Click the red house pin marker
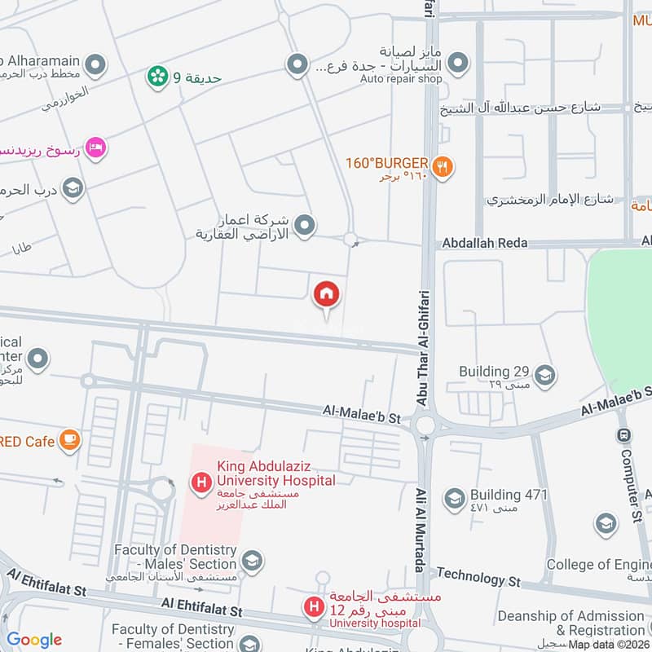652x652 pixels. pyautogui.click(x=327, y=294)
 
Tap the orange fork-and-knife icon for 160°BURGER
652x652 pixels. pyautogui.click(x=443, y=167)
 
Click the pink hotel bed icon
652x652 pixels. pyautogui.click(x=96, y=148)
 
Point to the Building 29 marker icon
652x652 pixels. pyautogui.click(x=545, y=375)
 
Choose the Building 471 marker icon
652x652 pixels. pyautogui.click(x=454, y=497)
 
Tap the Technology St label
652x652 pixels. pyautogui.click(x=478, y=577)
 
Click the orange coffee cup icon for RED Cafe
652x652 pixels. pyautogui.click(x=70, y=440)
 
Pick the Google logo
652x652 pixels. pyautogui.click(x=34, y=639)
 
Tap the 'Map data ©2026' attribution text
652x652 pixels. pyautogui.click(x=608, y=644)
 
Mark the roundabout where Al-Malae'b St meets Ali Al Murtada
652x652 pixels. pyautogui.click(x=424, y=424)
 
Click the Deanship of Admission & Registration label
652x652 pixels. pyautogui.click(x=570, y=623)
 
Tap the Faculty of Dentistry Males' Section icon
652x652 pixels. pyautogui.click(x=253, y=560)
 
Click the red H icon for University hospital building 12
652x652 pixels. pyautogui.click(x=312, y=606)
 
